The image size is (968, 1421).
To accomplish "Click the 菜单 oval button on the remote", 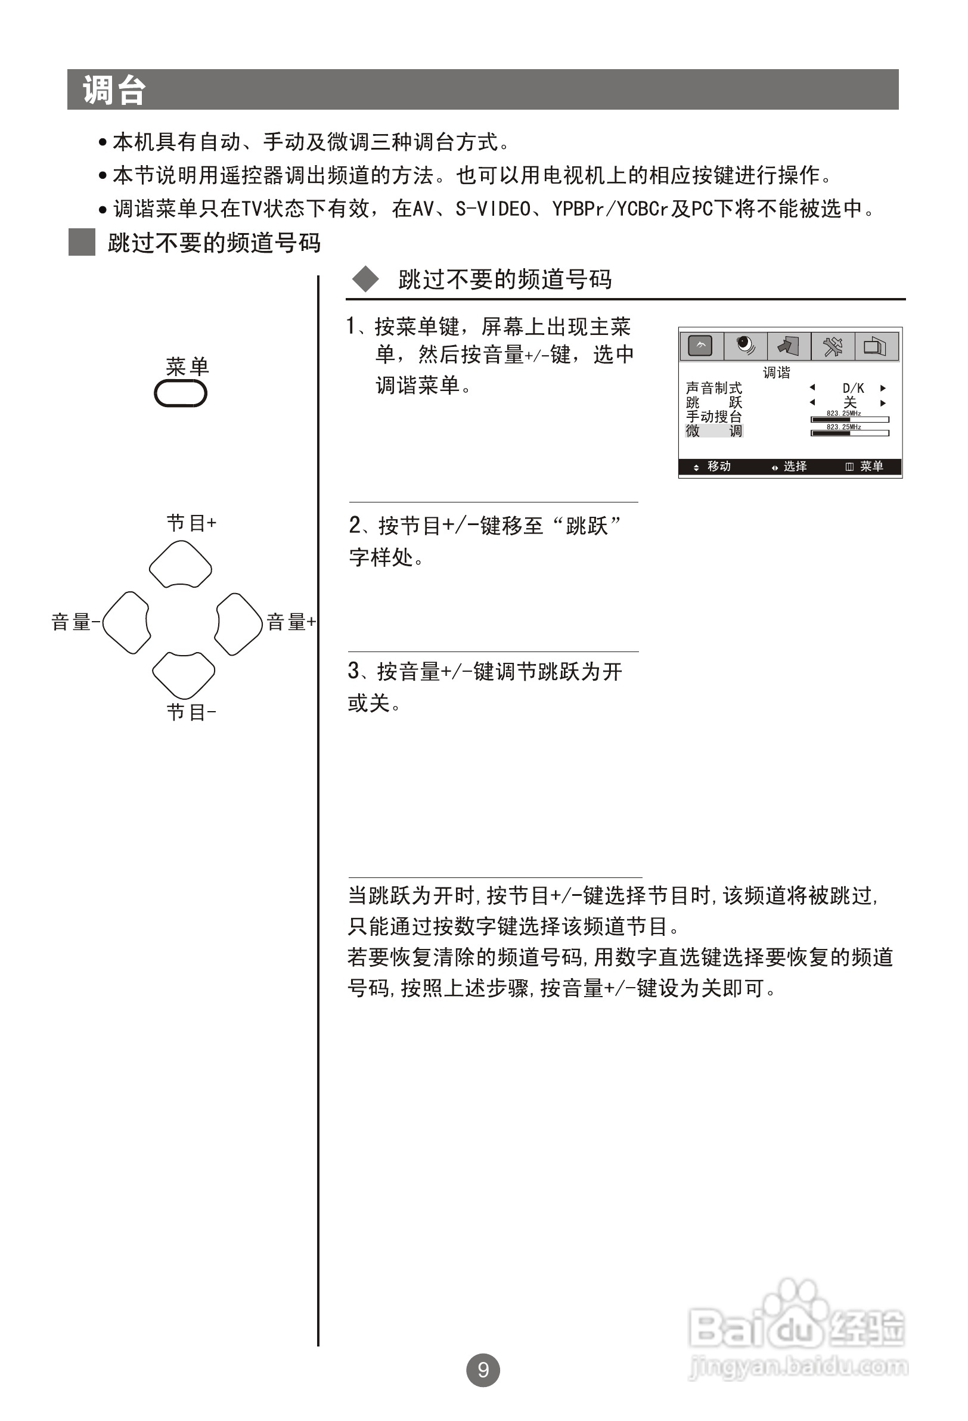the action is pyautogui.click(x=181, y=393).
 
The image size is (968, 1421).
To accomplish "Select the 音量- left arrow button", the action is pyautogui.click(x=126, y=622).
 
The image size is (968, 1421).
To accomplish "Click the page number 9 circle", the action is pyautogui.click(x=483, y=1370).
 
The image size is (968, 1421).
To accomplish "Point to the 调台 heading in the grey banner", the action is pyautogui.click(x=114, y=91).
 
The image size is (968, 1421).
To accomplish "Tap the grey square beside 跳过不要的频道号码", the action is pyautogui.click(x=81, y=241).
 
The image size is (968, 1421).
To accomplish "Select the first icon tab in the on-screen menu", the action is pyautogui.click(x=701, y=346).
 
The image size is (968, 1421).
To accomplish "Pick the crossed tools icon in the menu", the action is pyautogui.click(x=832, y=346).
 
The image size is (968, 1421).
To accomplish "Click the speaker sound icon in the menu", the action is pyautogui.click(x=746, y=346).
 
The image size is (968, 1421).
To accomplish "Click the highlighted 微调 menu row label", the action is pyautogui.click(x=713, y=431).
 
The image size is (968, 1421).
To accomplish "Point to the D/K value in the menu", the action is pyautogui.click(x=853, y=388).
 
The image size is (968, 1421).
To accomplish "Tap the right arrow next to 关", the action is pyautogui.click(x=883, y=403).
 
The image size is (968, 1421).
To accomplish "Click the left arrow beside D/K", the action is pyautogui.click(x=812, y=387).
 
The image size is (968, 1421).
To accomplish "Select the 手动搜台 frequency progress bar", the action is pyautogui.click(x=849, y=420).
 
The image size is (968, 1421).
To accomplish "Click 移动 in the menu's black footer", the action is pyautogui.click(x=718, y=467).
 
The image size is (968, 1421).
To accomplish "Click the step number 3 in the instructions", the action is pyautogui.click(x=353, y=671).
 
